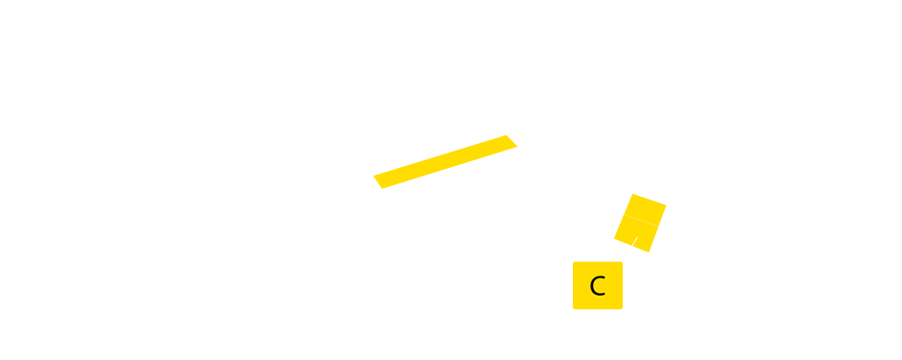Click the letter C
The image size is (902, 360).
597,286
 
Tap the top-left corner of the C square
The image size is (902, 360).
573,261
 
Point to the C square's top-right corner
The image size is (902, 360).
623,261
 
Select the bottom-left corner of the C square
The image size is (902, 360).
573,309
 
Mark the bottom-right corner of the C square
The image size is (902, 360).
623,309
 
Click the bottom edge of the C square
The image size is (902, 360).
598,309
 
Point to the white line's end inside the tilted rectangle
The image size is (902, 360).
638,235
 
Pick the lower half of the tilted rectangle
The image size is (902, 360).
636,234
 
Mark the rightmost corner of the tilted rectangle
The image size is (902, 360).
667,205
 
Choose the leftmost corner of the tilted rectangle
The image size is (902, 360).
613,240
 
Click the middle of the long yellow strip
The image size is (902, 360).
445,161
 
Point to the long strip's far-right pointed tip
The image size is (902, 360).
518,146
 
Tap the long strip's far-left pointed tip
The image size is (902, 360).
372,176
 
